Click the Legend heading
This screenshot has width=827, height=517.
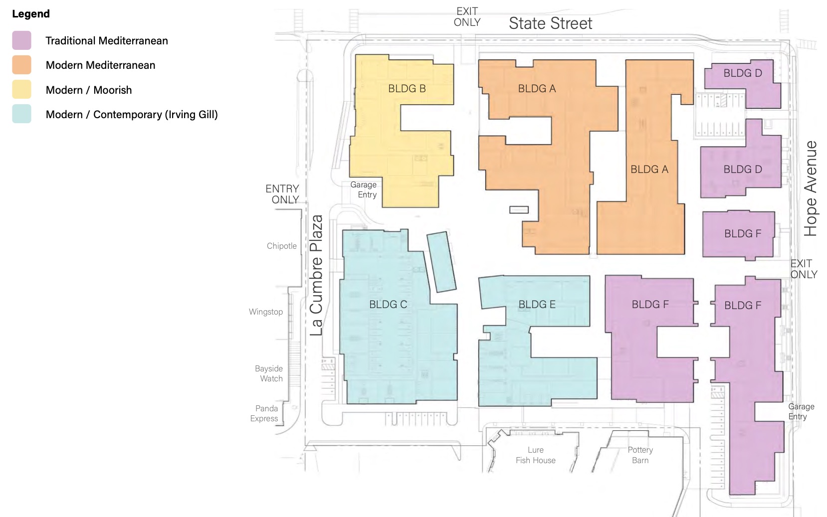click(30, 13)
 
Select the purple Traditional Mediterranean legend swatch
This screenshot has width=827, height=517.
click(21, 40)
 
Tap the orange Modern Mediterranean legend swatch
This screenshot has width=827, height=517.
click(21, 65)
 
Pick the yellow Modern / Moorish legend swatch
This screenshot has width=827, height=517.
click(21, 89)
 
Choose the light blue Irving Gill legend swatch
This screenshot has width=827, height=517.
click(21, 114)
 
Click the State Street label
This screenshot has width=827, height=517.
click(551, 23)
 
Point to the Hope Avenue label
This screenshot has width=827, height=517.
click(811, 188)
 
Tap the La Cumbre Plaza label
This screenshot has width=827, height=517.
click(316, 275)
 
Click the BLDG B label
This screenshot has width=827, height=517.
click(407, 89)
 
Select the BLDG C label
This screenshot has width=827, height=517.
click(388, 305)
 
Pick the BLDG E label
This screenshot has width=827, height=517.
click(537, 305)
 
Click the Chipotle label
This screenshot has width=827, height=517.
click(282, 246)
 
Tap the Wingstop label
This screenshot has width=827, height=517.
click(266, 312)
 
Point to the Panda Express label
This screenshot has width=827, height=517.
click(264, 413)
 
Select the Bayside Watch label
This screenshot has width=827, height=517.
click(269, 373)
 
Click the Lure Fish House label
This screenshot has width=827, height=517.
click(536, 455)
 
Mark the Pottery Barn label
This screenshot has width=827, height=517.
click(640, 455)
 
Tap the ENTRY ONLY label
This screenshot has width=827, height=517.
click(282, 194)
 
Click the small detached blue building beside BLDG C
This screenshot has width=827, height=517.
click(441, 262)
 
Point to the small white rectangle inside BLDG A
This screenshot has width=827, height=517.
click(519, 209)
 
